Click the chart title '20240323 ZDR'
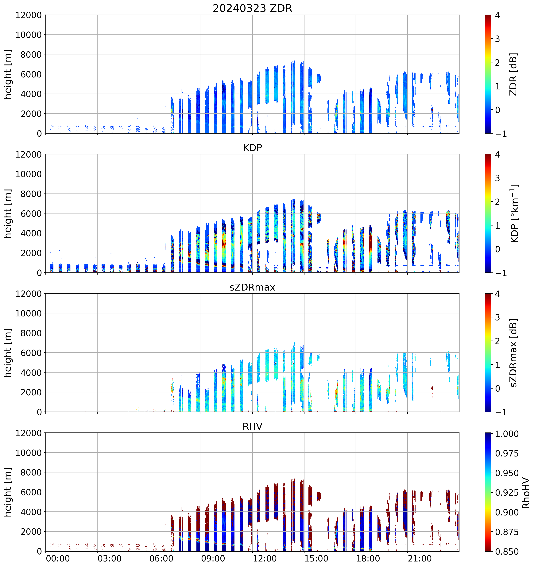coord(252,8)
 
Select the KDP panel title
coord(252,148)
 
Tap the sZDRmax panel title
coord(252,287)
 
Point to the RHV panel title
coord(252,426)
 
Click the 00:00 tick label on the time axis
coord(58,559)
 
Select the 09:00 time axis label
coord(213,559)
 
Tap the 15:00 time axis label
coord(316,559)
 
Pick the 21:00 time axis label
coord(420,559)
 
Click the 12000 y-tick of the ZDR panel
coord(29,15)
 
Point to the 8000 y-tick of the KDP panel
coord(31,194)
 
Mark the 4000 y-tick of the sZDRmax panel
coord(31,373)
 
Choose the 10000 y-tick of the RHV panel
coord(29,453)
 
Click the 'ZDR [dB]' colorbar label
coord(513,74)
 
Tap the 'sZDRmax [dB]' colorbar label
coord(513,353)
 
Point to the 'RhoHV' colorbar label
coord(526,493)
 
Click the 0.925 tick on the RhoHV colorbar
coord(507,493)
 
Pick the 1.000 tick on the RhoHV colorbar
coord(507,434)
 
